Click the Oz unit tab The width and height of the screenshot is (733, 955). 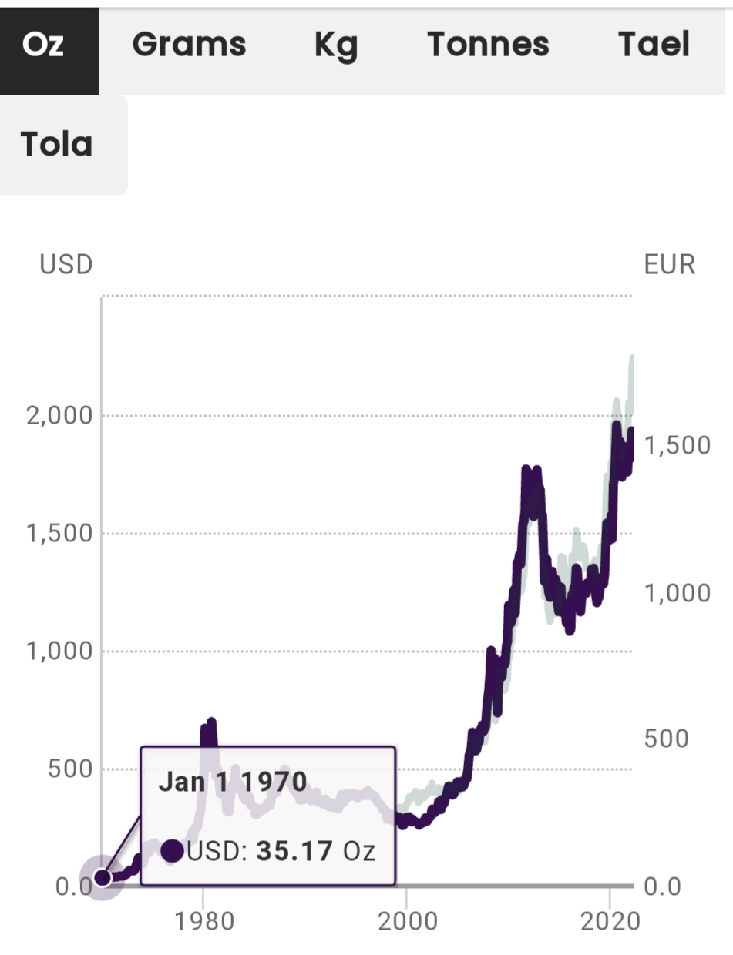coord(44,45)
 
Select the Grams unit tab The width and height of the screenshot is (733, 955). coord(189,45)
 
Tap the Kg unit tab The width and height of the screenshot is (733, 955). coord(337,45)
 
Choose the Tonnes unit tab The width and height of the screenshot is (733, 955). coord(488,45)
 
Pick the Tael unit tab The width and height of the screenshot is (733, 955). coord(654,45)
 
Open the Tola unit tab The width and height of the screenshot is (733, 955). coord(57,145)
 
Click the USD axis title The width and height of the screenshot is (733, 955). coord(66,265)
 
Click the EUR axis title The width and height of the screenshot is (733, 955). coord(669,265)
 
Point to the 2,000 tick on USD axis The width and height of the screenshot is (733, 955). coord(59,416)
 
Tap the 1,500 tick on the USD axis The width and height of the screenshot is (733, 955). coord(59,534)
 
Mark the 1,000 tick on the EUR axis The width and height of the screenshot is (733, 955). coord(676,593)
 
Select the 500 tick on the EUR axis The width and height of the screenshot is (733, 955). coord(665,739)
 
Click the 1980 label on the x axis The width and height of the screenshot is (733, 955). coord(203,921)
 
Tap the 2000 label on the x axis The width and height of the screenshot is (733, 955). coord(405,921)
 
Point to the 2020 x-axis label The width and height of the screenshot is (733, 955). coord(610,921)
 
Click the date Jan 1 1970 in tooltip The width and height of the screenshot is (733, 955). coord(233,782)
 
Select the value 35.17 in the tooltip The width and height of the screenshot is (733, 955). coord(295,851)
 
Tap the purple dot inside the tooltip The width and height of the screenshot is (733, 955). coord(173,851)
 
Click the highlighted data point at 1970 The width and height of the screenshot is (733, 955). coord(102,877)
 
